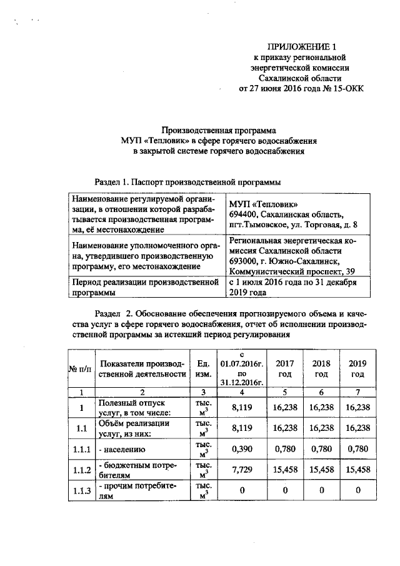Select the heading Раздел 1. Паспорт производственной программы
tap(187, 182)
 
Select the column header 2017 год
tap(285, 368)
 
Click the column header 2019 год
tap(357, 368)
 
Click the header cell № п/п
tap(79, 369)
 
